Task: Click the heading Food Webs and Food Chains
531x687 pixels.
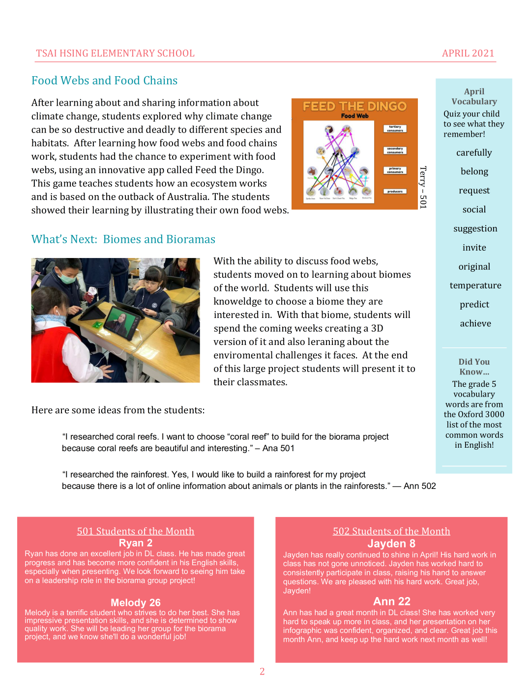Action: point(104,81)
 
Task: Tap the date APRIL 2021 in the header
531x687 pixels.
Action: point(468,53)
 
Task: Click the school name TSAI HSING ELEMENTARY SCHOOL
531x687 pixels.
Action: point(115,53)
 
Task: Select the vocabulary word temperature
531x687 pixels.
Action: point(475,286)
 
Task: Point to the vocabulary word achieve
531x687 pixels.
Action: point(475,323)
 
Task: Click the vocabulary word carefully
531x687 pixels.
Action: point(473,153)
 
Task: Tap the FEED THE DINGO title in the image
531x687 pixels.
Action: point(354,106)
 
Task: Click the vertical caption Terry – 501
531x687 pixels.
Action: point(423,187)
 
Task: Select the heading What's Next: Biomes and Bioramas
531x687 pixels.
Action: point(123,239)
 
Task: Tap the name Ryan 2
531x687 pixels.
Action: point(135,543)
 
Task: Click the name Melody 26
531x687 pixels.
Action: point(135,602)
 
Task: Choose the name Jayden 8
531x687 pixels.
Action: point(391,544)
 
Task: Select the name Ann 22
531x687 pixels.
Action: point(391,601)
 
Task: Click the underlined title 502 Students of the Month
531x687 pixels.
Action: point(391,531)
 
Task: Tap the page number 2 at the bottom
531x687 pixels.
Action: point(262,671)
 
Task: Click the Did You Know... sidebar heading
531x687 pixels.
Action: point(474,367)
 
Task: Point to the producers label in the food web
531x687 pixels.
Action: point(395,192)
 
